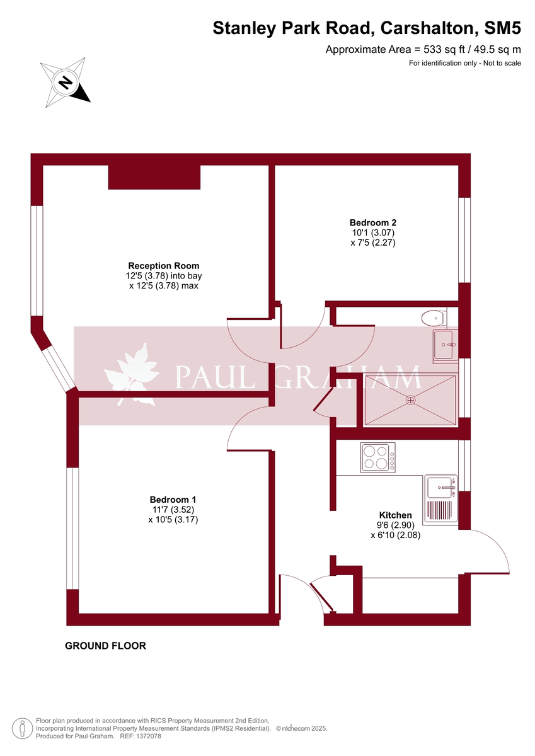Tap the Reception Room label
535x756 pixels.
[164, 266]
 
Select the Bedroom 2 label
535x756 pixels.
[373, 222]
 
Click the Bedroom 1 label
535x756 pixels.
[173, 499]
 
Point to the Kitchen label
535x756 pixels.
[395, 515]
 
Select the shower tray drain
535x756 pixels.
[411, 399]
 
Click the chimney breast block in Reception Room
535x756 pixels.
[154, 177]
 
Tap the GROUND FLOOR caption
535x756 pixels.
[106, 646]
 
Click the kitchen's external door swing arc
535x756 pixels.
[498, 548]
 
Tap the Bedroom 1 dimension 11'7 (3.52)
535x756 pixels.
[173, 510]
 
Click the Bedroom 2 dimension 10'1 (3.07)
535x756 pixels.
[373, 232]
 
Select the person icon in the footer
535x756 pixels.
[23, 728]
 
